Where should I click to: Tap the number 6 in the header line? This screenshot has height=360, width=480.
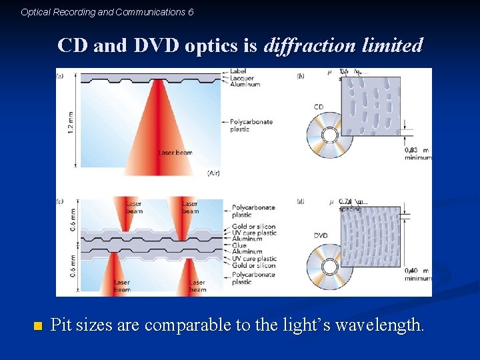[191, 12]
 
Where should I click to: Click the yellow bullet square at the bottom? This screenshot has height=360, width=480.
[37, 326]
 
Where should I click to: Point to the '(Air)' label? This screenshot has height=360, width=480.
[213, 173]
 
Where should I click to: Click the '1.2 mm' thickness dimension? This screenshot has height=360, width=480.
[71, 121]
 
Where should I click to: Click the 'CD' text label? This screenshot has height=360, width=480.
[319, 107]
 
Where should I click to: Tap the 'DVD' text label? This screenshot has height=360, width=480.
[321, 236]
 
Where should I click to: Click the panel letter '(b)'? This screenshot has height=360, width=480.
[301, 76]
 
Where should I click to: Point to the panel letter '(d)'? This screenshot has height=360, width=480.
[301, 201]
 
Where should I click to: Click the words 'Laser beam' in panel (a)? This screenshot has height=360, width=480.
[175, 153]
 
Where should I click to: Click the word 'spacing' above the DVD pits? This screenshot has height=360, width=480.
[349, 209]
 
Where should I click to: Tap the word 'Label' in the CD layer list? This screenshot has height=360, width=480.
[238, 71]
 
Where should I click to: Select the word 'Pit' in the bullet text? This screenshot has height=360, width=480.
[61, 325]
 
